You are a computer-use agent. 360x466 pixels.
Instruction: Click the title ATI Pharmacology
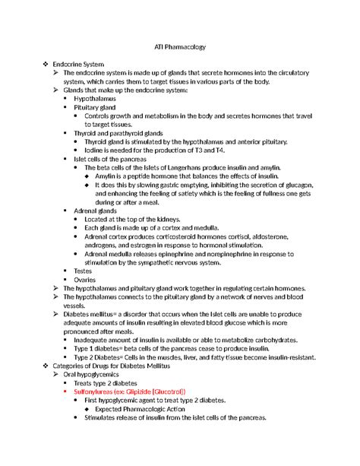coord(180,48)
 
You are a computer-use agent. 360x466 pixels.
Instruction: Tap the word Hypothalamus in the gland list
coord(106,99)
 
